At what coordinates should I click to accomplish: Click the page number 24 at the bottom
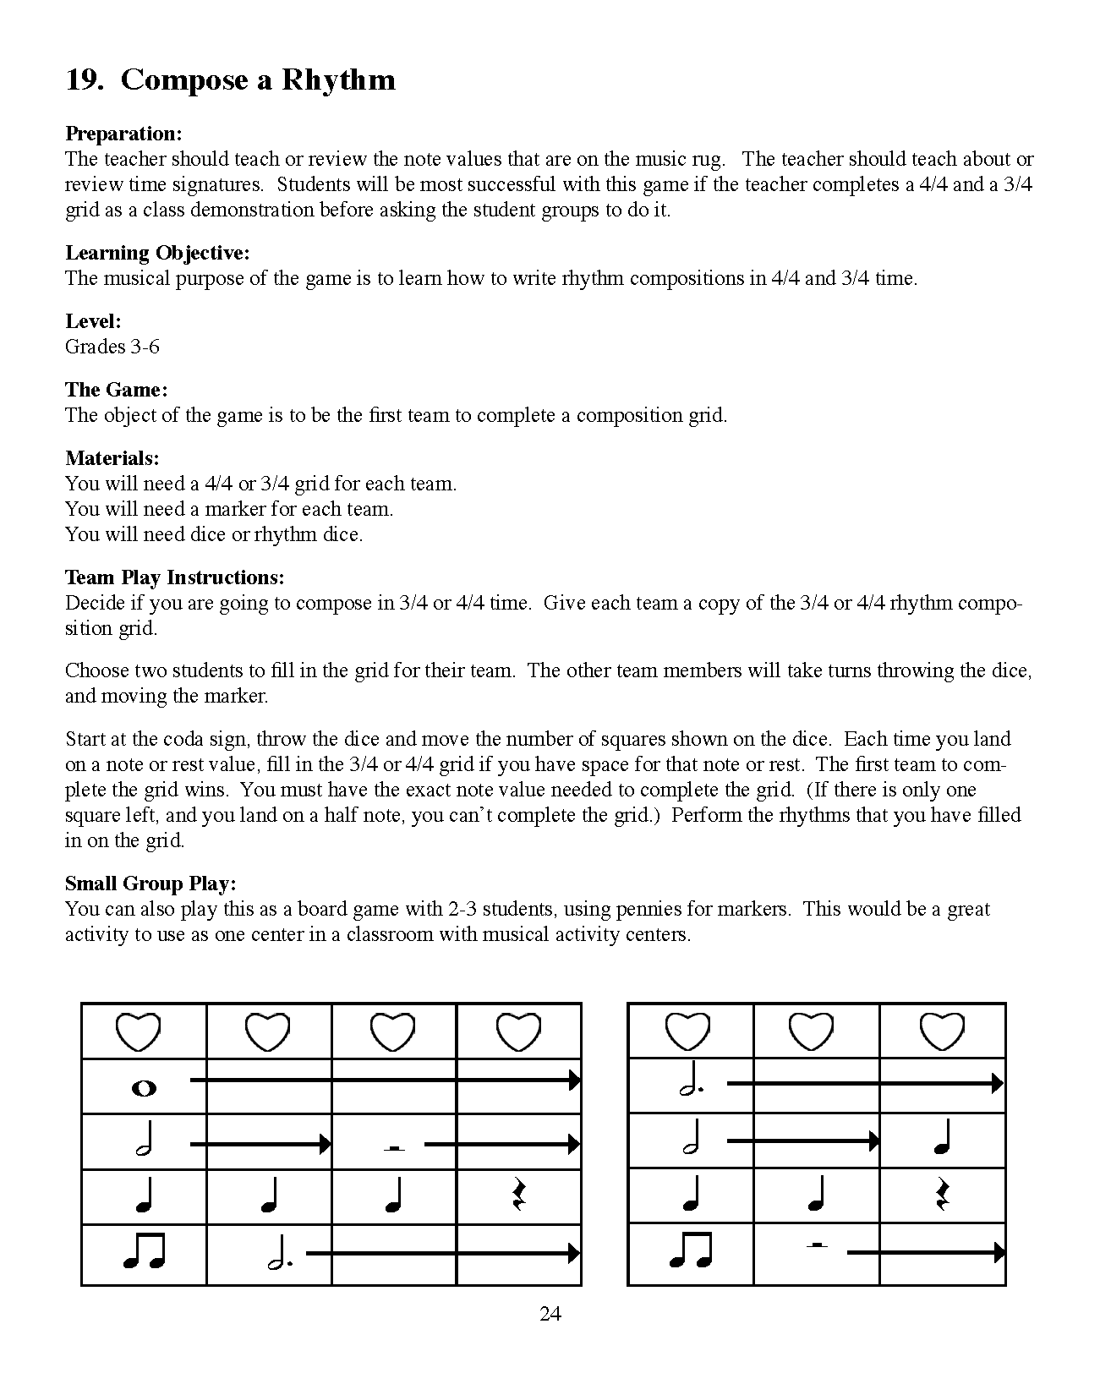550,1314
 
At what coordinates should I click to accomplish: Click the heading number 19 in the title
85,80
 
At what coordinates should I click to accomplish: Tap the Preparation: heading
123,134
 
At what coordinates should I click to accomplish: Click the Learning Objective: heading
157,253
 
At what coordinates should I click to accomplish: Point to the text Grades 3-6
112,347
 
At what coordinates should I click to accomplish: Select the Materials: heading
112,458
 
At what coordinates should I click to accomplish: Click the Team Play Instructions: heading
174,577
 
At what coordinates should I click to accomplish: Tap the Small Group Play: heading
150,883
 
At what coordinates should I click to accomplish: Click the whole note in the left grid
145,1088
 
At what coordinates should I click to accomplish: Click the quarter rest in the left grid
518,1195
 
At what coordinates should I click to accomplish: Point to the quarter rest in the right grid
943,1195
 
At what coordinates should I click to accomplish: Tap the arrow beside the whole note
385,1080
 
